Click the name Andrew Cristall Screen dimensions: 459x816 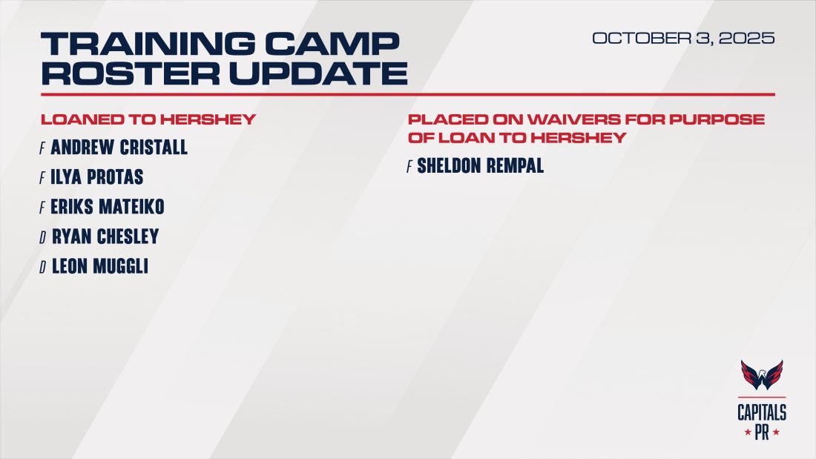click(x=119, y=148)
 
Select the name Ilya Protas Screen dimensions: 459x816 click(x=97, y=177)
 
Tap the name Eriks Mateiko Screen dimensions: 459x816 click(x=108, y=207)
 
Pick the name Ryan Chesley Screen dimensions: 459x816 click(x=105, y=237)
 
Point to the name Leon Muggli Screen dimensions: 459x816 click(x=100, y=266)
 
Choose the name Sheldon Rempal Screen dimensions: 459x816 click(x=481, y=166)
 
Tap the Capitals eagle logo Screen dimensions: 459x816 click(x=762, y=376)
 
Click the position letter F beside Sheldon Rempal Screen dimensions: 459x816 click(x=409, y=167)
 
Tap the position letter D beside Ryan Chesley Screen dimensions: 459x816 click(x=44, y=237)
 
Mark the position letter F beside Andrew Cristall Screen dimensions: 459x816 click(x=43, y=148)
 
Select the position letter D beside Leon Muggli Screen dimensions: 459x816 click(x=44, y=267)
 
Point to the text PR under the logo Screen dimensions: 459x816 click(x=762, y=432)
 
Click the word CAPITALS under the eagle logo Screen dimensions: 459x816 click(x=762, y=412)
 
